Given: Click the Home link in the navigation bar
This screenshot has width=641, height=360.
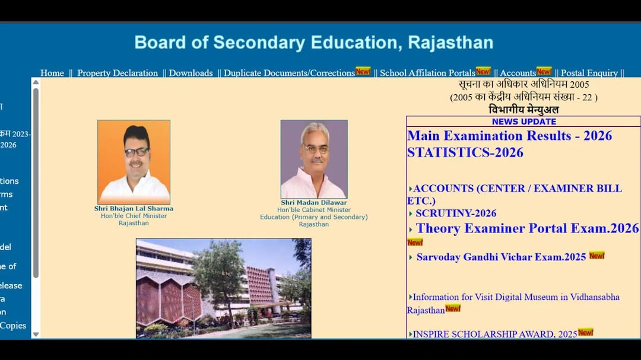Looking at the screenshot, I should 52,73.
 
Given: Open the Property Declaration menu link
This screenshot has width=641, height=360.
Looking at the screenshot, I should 118,73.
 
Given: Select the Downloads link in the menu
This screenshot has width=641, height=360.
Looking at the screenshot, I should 191,73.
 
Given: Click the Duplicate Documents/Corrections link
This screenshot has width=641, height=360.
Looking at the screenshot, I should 289,73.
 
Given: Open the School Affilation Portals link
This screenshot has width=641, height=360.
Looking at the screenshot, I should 427,73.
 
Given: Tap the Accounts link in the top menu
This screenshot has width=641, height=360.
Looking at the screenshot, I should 518,73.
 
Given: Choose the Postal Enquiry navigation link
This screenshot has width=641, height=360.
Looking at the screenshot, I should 589,73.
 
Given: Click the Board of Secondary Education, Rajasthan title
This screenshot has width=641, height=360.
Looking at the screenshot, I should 313,43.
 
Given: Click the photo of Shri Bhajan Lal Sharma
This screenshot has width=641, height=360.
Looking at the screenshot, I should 134,162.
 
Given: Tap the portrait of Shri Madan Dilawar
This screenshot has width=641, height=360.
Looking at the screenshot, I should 314,159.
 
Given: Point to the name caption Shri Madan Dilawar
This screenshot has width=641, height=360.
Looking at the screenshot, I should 314,202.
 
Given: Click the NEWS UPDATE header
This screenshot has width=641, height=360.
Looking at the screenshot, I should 523,122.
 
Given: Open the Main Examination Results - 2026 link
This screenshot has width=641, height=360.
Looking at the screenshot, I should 509,136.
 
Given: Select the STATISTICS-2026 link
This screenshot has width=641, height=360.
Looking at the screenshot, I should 465,152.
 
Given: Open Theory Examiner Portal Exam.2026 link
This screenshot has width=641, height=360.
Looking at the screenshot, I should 527,228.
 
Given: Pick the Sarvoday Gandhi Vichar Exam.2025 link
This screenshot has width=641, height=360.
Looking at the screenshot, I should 501,257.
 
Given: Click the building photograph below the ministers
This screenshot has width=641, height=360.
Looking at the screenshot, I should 223,288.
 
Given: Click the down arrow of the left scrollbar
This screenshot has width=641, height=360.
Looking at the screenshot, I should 36,334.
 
